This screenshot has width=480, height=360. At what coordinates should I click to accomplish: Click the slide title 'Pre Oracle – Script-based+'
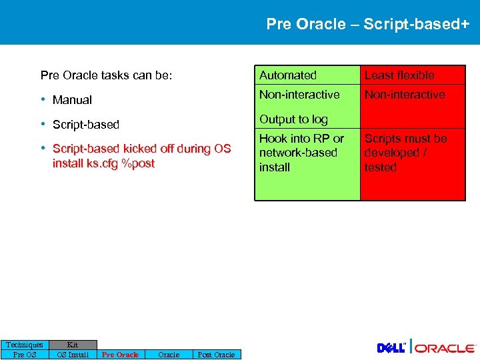[367, 25]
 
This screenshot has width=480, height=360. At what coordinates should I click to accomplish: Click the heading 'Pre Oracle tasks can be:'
[106, 75]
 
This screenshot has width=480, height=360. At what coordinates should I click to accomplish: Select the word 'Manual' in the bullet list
[72, 100]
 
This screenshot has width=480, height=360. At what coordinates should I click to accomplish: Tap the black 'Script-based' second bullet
[85, 125]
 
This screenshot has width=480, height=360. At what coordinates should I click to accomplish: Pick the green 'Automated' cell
[288, 75]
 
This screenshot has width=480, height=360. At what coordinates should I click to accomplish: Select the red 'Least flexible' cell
[399, 75]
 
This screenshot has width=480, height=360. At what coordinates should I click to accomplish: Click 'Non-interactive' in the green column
[299, 95]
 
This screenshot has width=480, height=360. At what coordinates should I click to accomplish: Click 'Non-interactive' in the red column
[404, 95]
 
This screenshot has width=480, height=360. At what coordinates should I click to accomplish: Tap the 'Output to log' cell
[293, 119]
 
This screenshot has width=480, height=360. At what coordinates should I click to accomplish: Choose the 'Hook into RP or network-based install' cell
[301, 153]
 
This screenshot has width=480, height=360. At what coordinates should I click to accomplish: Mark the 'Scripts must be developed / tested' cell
[405, 153]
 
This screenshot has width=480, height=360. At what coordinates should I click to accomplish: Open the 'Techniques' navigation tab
[25, 345]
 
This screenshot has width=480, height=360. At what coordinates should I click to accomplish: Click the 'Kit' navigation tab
[73, 345]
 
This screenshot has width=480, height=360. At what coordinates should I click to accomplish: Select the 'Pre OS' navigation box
[25, 355]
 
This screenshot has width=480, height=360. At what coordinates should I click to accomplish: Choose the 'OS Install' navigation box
[73, 355]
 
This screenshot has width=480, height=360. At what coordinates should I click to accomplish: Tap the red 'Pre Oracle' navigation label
[120, 355]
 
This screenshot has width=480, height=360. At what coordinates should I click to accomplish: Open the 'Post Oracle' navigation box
[216, 355]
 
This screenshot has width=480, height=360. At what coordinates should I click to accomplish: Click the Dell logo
[391, 348]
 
